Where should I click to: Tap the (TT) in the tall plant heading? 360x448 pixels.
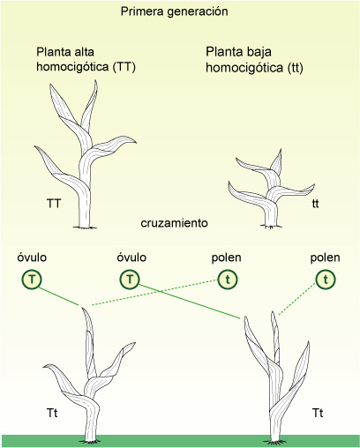click(x=124, y=67)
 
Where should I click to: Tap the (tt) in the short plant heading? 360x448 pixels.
click(x=295, y=68)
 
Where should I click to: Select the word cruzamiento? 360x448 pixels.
click(x=174, y=223)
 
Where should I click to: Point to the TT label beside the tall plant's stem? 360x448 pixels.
click(x=54, y=204)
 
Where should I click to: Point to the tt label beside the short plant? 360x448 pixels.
click(x=315, y=204)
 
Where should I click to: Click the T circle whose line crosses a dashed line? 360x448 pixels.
click(x=130, y=279)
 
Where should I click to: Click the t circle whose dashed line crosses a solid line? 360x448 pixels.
click(x=228, y=280)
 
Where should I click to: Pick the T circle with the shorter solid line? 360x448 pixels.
click(x=32, y=279)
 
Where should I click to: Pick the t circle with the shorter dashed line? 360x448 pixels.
click(x=326, y=280)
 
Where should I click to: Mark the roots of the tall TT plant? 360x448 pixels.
click(x=85, y=228)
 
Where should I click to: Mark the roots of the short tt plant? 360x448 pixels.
click(x=271, y=227)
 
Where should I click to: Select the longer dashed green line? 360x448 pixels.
click(x=154, y=293)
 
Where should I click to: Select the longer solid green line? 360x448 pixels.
click(x=189, y=302)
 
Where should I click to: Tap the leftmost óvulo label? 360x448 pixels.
click(x=32, y=258)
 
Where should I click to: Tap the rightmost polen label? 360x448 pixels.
click(x=326, y=258)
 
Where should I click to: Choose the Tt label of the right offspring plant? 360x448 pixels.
click(x=318, y=413)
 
